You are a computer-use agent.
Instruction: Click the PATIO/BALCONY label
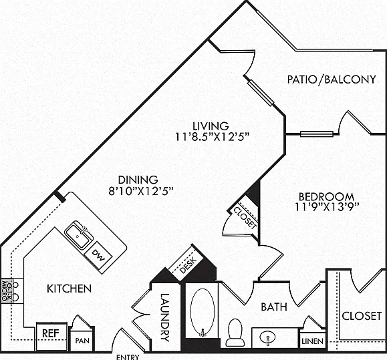tap(332, 79)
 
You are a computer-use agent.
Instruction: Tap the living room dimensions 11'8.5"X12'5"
tap(212, 136)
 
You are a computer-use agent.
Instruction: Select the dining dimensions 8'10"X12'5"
tap(141, 190)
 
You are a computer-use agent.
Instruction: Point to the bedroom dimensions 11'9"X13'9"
tap(327, 207)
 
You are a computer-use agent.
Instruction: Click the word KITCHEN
tap(69, 289)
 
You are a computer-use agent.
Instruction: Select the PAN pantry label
tap(82, 341)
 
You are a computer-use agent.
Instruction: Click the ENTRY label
tap(128, 357)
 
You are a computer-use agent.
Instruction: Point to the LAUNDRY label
tap(164, 317)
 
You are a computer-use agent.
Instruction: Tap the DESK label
tap(188, 265)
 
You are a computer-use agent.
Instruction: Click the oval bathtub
tap(203, 313)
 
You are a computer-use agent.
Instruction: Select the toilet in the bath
tap(235, 332)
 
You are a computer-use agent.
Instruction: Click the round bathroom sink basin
tap(267, 337)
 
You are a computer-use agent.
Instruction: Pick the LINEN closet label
tap(312, 341)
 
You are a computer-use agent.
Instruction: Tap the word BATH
tap(274, 307)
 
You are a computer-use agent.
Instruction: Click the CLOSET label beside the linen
tap(362, 316)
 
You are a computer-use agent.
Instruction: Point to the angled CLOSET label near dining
tap(245, 218)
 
